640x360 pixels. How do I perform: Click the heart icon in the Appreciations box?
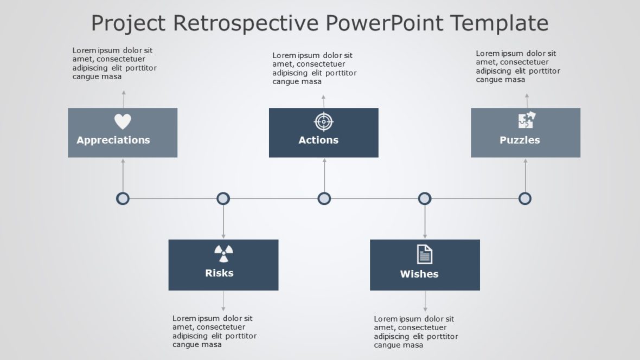coord(123,121)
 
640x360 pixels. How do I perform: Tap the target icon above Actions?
coord(323,121)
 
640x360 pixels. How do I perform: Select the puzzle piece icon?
coord(526,120)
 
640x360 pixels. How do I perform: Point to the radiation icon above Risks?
coord(223,253)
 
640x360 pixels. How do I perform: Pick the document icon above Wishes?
coord(425,254)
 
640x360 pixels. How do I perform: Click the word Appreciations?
coord(113,140)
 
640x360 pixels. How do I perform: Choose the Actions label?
coord(318,140)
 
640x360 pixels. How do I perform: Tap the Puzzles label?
coord(520,140)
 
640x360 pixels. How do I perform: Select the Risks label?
coord(219,273)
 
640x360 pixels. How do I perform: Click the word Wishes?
coord(419,274)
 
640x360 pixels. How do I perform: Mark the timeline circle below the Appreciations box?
coord(123,198)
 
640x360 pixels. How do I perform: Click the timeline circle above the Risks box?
coord(223,198)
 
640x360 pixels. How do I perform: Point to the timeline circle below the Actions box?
coord(324,198)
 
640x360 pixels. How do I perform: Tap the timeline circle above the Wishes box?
coord(425,198)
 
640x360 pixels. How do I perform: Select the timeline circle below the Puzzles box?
coord(525,198)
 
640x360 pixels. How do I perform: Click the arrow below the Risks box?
coord(223,301)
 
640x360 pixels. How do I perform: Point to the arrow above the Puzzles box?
coord(526,100)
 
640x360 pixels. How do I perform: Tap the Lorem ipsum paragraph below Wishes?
coord(415,332)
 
